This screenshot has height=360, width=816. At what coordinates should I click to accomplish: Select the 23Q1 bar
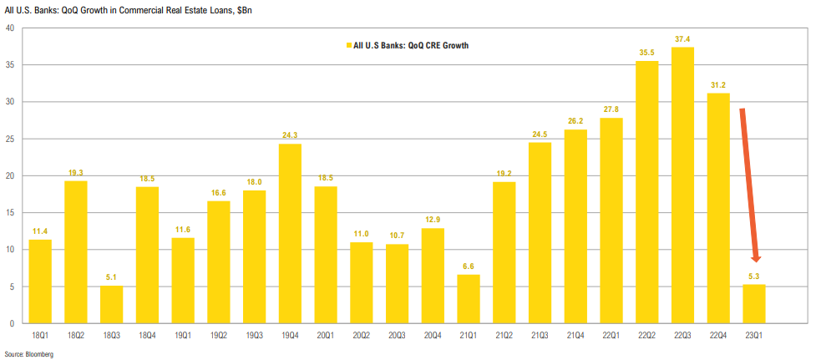pyautogui.click(x=754, y=304)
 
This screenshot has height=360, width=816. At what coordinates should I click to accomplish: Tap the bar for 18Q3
pyautogui.click(x=112, y=305)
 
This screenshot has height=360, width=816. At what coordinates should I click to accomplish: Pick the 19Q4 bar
pyautogui.click(x=291, y=234)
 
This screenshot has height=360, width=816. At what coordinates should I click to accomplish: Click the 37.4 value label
pyautogui.click(x=682, y=39)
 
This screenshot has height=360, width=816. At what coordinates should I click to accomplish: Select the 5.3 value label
pyautogui.click(x=754, y=276)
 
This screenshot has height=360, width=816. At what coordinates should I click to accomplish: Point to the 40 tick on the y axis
pyautogui.click(x=9, y=28)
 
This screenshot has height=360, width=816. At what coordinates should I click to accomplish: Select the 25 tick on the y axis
pyautogui.click(x=9, y=139)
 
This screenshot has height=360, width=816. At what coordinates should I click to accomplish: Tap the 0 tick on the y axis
pyautogui.click(x=12, y=323)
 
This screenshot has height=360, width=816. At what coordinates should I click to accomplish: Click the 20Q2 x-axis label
pyautogui.click(x=362, y=334)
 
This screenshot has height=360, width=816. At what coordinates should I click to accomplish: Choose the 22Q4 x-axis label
pyautogui.click(x=718, y=334)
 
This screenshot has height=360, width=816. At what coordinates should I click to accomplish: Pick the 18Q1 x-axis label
pyautogui.click(x=40, y=334)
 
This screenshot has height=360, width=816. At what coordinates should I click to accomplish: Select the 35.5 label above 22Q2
pyautogui.click(x=646, y=53)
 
